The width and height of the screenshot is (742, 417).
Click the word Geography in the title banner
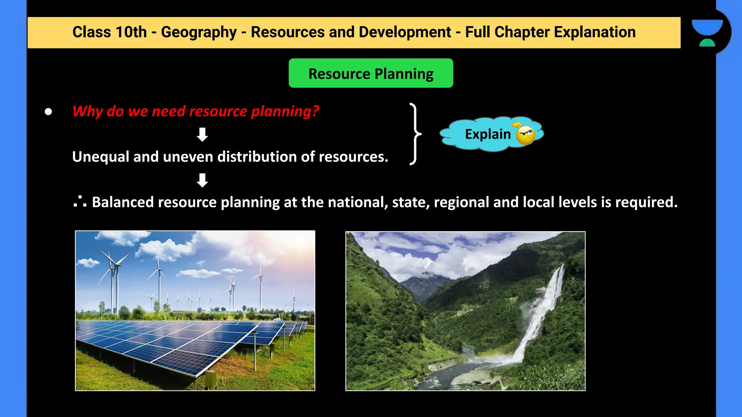(x=199, y=33)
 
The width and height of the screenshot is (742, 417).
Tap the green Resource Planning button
(x=371, y=73)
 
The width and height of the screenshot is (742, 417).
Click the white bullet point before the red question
(x=48, y=112)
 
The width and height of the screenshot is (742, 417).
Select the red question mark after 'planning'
(x=316, y=111)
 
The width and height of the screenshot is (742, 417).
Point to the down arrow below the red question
(x=202, y=134)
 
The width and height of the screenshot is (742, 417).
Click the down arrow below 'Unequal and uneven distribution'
(x=202, y=180)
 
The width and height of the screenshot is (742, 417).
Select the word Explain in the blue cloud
(x=488, y=134)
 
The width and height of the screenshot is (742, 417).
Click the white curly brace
(x=415, y=134)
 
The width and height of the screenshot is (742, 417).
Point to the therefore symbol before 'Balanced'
(x=80, y=202)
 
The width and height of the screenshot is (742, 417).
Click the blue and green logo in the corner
(x=707, y=33)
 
